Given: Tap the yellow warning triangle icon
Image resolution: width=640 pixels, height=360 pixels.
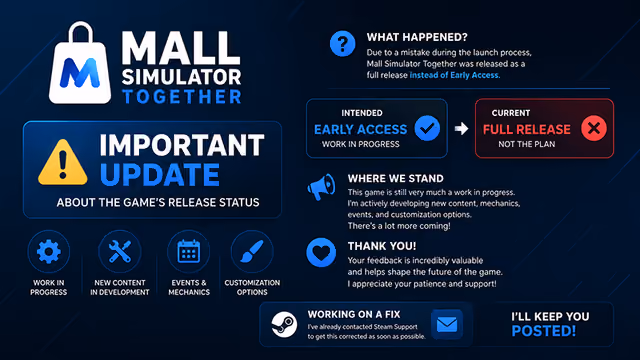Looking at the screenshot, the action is pos(62,162).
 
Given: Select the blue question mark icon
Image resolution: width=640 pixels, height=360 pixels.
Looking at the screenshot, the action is pos(342,44).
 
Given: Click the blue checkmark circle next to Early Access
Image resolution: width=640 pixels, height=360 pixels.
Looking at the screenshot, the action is pos(427,128).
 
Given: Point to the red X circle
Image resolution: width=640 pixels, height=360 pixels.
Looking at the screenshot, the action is pos(594,128).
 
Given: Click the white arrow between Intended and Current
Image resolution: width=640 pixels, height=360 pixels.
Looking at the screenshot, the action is pos(462,129).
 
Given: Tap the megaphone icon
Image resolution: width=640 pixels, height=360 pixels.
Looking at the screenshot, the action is pos(322,187).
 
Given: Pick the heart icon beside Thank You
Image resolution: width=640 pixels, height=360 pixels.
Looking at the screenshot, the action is pos(321,253).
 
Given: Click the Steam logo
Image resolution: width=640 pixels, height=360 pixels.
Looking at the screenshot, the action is pos(284,324).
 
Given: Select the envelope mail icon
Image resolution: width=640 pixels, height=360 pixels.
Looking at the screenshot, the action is pos(447,324).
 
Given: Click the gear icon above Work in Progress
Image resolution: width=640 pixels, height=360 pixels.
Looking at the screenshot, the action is pos(49,251).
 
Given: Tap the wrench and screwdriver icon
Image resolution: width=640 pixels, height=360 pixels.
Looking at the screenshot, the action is pos(120,251).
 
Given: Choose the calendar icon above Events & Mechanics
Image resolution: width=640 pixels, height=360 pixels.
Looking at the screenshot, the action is pos(189,251).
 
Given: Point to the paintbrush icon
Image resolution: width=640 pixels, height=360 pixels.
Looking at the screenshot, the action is pos(252,251).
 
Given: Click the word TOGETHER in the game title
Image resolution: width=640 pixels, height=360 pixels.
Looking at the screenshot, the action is pos(182,97).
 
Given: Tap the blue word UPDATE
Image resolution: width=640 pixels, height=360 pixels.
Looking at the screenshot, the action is pos(160,175).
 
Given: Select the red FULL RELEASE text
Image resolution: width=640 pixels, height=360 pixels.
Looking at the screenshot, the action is pos(527,129).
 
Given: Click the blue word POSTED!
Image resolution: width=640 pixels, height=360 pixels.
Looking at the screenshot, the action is pos(544,331).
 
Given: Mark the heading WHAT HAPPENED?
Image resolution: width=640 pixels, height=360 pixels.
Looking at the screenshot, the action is pos(417,37).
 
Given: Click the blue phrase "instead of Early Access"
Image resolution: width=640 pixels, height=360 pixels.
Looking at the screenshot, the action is pos(455,75).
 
